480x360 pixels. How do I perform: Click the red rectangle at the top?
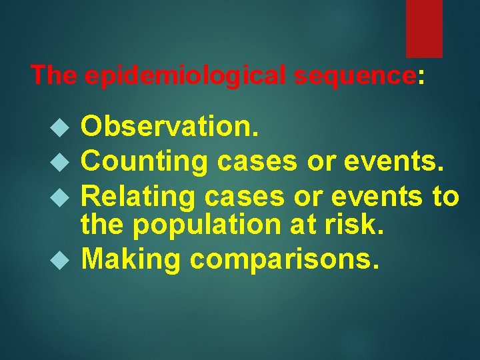coord(424,28)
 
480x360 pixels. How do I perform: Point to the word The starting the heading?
coord(55,75)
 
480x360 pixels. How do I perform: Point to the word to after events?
coord(445,197)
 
